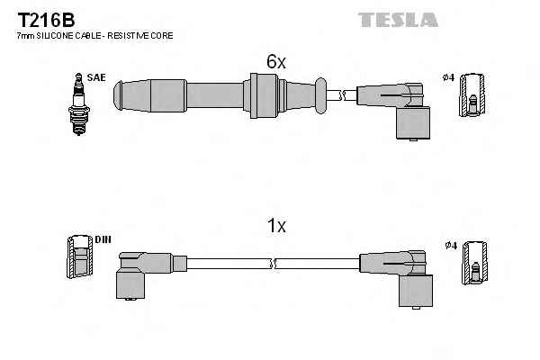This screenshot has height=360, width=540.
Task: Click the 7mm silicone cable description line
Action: (x=94, y=35)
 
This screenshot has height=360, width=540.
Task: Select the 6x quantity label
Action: (x=275, y=62)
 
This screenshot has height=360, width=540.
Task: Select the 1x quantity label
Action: (x=277, y=227)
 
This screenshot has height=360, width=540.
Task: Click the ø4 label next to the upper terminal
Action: (x=449, y=78)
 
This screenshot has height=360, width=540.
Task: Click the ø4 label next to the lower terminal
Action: (x=451, y=245)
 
